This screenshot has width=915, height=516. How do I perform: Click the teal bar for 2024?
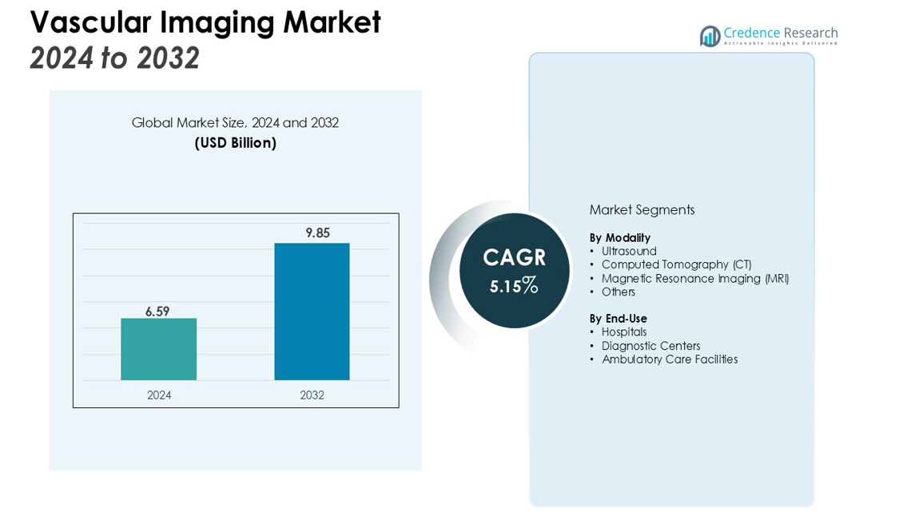coord(158,349)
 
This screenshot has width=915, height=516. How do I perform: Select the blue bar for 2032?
coord(312,312)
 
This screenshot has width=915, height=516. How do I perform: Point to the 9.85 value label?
coord(317,233)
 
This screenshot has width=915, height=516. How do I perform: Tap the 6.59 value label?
coord(157,312)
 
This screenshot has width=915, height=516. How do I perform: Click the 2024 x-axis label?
coord(159,395)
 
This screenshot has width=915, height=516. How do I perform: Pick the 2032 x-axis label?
coord(312,395)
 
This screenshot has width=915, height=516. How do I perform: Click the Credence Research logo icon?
coord(710,36)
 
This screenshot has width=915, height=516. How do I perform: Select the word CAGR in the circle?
coord(514,257)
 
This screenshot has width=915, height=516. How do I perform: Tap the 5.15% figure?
coord(514,285)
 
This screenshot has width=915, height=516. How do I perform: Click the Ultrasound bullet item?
coord(629,252)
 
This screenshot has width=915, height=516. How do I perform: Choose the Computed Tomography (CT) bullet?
coord(676,264)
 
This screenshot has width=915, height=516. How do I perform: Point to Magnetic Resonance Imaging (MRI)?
coord(694,279)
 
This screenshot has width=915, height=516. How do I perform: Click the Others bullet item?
coord(618,292)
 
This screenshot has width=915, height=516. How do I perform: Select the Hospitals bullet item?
coord(624,332)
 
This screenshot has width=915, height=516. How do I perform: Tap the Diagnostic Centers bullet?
coord(650,346)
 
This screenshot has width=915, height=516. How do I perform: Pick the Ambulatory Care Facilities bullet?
coord(669,359)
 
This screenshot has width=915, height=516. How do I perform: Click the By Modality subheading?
coord(619,238)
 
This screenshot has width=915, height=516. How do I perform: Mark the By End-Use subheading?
coord(618,319)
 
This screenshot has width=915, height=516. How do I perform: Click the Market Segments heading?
coord(642,210)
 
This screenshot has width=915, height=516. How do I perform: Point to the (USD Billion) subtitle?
coord(236,143)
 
